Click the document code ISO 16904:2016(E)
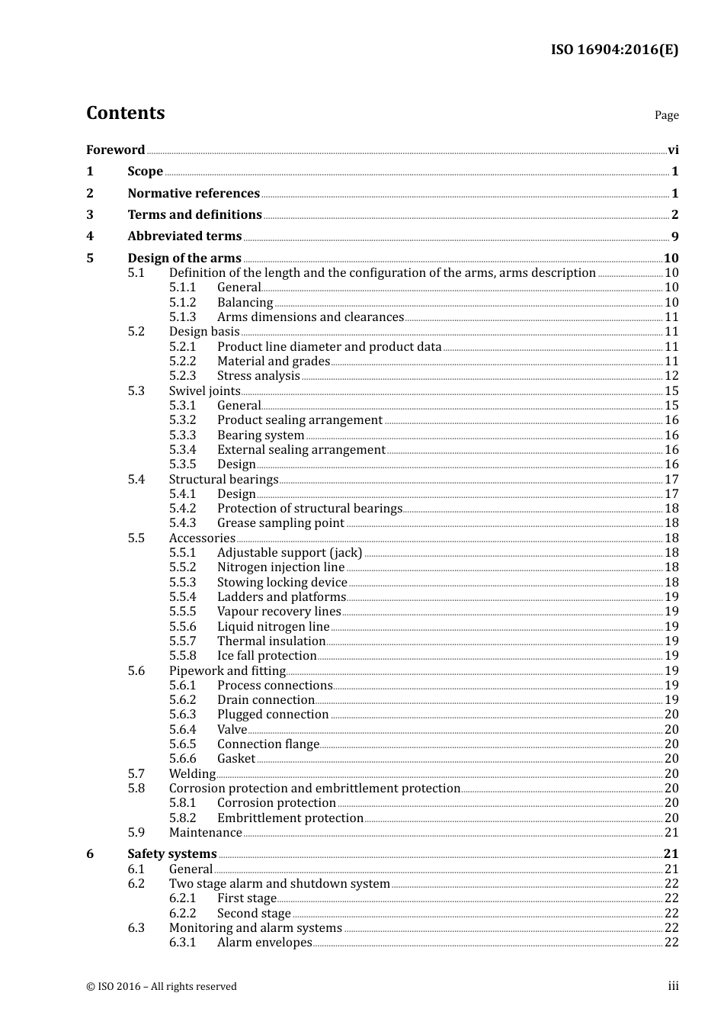[614, 50]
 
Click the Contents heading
[125, 113]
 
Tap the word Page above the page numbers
[666, 115]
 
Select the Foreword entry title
[115, 150]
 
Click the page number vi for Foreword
[673, 150]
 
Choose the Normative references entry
[194, 194]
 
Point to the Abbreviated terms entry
[184, 236]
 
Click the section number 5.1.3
[182, 317]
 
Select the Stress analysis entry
[258, 376]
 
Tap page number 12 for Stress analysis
[671, 376]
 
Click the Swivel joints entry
[204, 391]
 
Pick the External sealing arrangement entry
[301, 450]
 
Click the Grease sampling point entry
[280, 523]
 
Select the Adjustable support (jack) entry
[290, 553]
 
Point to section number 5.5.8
[182, 656]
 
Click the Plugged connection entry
[273, 715]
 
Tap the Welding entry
[192, 774]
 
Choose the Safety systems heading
[172, 854]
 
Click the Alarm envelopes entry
[264, 943]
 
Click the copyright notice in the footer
[162, 987]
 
